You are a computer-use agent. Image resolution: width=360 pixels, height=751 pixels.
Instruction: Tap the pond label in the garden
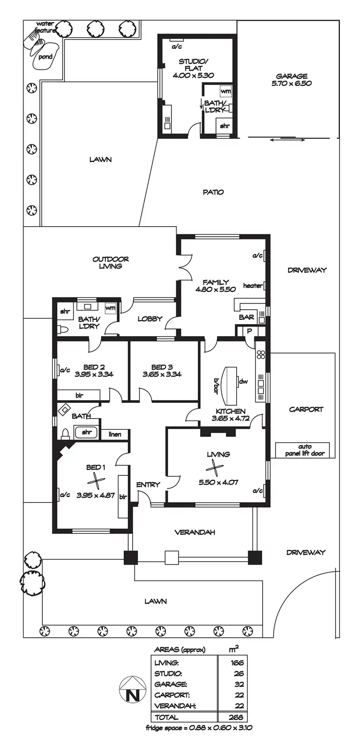pyautogui.click(x=45, y=57)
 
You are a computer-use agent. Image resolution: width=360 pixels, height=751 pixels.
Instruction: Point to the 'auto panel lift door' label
pyautogui.click(x=305, y=450)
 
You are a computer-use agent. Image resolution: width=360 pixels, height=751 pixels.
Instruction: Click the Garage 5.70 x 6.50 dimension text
pyautogui.click(x=291, y=83)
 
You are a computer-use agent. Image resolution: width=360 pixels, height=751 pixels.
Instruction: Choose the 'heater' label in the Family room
pyautogui.click(x=253, y=286)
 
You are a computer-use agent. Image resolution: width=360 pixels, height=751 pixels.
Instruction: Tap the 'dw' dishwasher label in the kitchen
pyautogui.click(x=244, y=381)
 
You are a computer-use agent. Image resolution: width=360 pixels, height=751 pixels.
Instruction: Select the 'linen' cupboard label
pyautogui.click(x=115, y=434)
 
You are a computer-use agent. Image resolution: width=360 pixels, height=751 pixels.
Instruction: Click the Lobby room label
pyautogui.click(x=150, y=319)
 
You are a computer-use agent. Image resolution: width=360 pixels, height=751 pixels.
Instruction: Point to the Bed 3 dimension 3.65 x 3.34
pyautogui.click(x=162, y=374)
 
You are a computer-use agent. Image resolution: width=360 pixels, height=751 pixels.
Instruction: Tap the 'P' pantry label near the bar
pyautogui.click(x=250, y=331)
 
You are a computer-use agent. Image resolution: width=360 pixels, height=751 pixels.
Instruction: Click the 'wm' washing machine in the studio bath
pyautogui.click(x=226, y=91)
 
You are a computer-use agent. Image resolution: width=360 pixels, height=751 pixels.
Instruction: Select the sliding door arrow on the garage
pyautogui.click(x=288, y=139)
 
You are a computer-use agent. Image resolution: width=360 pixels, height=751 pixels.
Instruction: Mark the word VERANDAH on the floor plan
pyautogui.click(x=195, y=532)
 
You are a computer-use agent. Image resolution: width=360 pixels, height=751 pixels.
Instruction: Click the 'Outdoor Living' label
pyautogui.click(x=110, y=263)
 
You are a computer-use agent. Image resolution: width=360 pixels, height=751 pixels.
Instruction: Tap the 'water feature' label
pyautogui.click(x=45, y=27)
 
